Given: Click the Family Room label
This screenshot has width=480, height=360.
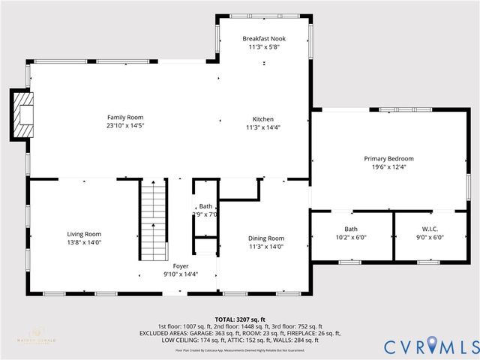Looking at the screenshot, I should pyautogui.click(x=124, y=117).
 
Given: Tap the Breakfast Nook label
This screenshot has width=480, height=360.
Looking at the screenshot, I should pyautogui.click(x=263, y=38).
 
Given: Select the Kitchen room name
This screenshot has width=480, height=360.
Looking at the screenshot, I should pyautogui.click(x=262, y=119).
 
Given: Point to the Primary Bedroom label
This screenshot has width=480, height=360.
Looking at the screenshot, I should pyautogui.click(x=388, y=158).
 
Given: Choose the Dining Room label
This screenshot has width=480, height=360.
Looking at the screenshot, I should pyautogui.click(x=266, y=238).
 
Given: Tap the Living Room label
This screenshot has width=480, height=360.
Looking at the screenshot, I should pyautogui.click(x=83, y=234).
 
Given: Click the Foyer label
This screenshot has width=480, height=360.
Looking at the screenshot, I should pyautogui.click(x=181, y=265).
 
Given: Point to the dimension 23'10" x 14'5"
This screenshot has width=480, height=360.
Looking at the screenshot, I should pyautogui.click(x=124, y=126).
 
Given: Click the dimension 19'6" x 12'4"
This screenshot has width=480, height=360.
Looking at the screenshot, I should pyautogui.click(x=388, y=167).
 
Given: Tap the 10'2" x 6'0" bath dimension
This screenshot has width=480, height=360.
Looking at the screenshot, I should pyautogui.click(x=351, y=237).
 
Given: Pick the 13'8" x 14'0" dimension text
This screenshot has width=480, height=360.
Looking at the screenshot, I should pyautogui.click(x=83, y=242).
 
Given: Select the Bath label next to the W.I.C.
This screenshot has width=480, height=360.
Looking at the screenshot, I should pyautogui.click(x=351, y=229).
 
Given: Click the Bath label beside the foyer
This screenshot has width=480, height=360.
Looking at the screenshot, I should pyautogui.click(x=205, y=206).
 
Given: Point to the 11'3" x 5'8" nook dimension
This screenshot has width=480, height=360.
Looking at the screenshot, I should pyautogui.click(x=263, y=47).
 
